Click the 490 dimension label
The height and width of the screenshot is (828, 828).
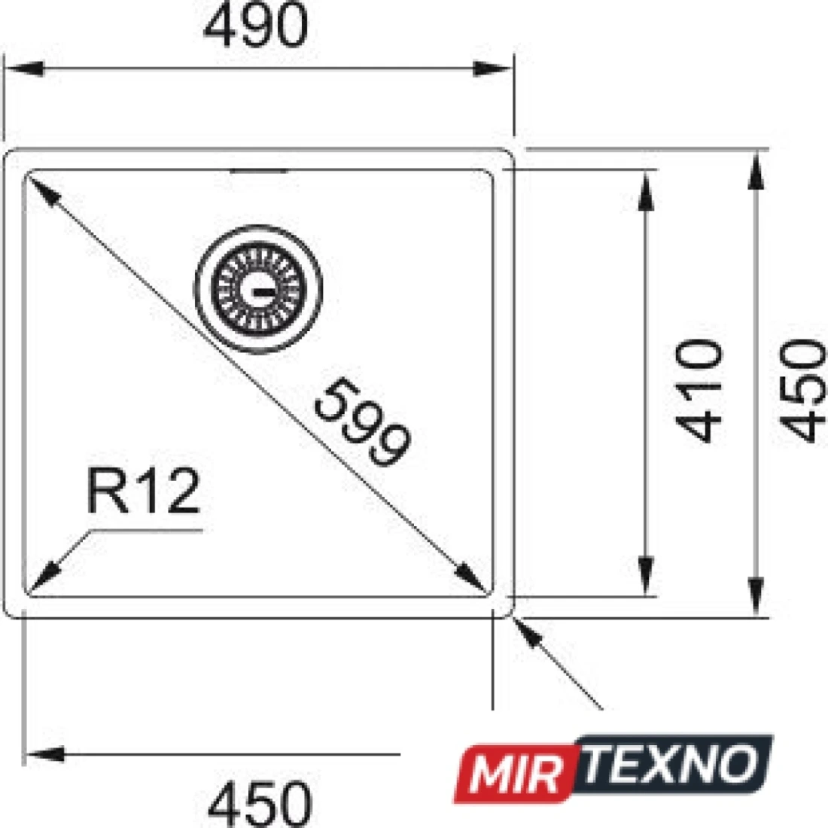point(255,26)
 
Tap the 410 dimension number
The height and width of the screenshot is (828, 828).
point(698,390)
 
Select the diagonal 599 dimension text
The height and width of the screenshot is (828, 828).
point(362,422)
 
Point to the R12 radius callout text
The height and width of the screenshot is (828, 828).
point(144,491)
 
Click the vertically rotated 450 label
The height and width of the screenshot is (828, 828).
point(802,390)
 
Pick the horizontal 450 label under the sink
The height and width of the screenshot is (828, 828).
point(260,804)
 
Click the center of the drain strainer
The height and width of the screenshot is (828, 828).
point(258,289)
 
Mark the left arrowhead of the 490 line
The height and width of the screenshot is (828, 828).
point(24,68)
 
